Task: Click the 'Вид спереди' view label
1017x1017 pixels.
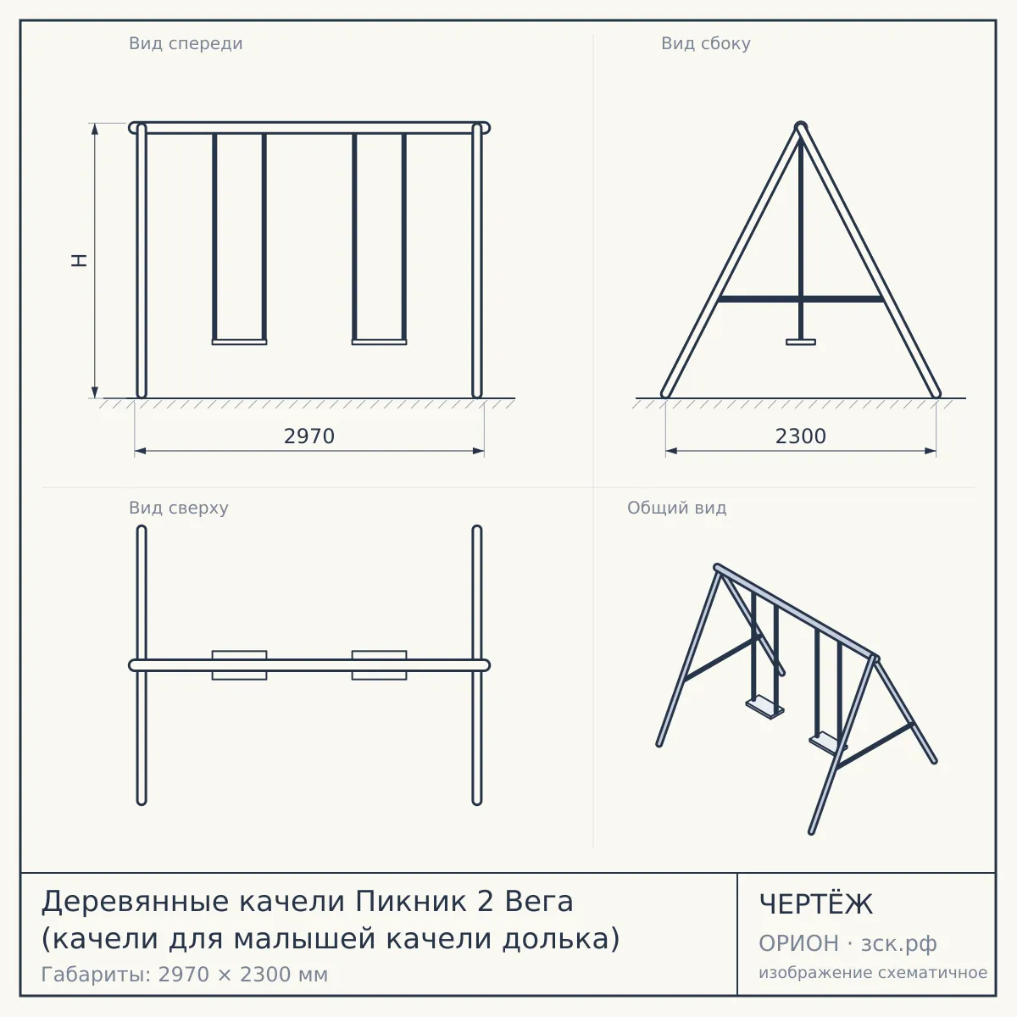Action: (x=186, y=44)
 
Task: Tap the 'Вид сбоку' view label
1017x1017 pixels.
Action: (x=706, y=44)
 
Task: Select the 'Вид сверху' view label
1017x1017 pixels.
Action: (x=178, y=508)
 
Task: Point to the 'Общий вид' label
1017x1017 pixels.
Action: (x=676, y=508)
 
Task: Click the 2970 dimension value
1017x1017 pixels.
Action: (x=309, y=436)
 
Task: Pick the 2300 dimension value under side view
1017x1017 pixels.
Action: (x=801, y=436)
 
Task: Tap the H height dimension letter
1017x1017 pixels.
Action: (x=79, y=260)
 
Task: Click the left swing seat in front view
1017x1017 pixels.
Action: (x=239, y=342)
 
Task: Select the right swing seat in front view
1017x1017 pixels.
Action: (x=379, y=342)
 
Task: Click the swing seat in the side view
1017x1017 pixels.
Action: (x=801, y=342)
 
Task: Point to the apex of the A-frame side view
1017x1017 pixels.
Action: (x=801, y=125)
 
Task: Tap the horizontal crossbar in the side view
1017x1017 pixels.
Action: (x=801, y=299)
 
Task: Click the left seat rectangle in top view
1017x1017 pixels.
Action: (x=239, y=665)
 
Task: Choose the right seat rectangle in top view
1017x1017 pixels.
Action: (x=379, y=665)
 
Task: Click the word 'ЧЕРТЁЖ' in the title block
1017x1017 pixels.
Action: (x=816, y=904)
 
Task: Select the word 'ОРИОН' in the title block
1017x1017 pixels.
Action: (x=798, y=943)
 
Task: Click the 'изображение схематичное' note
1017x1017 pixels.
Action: (x=873, y=972)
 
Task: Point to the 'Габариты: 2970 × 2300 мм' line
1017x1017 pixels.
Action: (x=184, y=975)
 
